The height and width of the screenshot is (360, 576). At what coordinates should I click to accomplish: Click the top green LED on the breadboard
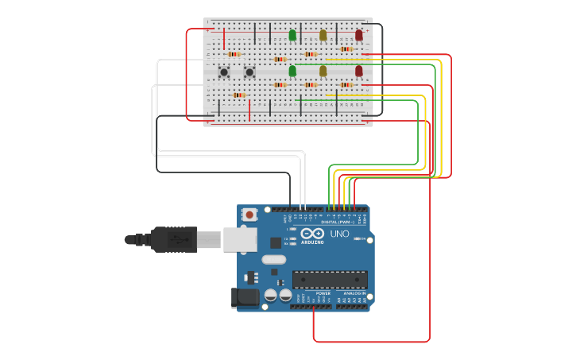[x=292, y=35]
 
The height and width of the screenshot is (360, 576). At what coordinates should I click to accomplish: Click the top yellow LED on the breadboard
[x=323, y=35]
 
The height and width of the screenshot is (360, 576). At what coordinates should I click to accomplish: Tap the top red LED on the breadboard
[x=358, y=35]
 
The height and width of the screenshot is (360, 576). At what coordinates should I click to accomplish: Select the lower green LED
[x=292, y=71]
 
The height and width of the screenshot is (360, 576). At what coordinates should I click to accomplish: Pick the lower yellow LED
[x=323, y=71]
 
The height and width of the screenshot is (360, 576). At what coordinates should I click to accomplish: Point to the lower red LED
[x=358, y=71]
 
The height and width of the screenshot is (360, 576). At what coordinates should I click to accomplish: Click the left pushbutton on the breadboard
[x=224, y=72]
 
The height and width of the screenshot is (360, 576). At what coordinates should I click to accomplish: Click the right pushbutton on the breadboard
[x=249, y=72]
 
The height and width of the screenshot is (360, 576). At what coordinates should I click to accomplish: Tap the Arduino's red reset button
[x=249, y=215]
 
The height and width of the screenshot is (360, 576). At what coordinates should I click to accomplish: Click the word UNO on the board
[x=339, y=234]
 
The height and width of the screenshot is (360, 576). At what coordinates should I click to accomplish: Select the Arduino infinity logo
[x=311, y=234]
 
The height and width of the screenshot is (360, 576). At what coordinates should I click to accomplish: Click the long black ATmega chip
[x=330, y=279]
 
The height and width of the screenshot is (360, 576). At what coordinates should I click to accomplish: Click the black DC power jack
[x=245, y=297]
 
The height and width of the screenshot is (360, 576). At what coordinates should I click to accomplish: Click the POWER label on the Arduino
[x=323, y=293]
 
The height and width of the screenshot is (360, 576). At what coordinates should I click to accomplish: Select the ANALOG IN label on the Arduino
[x=353, y=293]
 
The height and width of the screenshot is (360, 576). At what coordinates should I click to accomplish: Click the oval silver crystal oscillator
[x=273, y=259]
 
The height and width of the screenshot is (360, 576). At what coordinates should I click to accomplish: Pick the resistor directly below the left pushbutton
[x=238, y=95]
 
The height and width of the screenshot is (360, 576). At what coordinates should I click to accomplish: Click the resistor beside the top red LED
[x=346, y=49]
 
